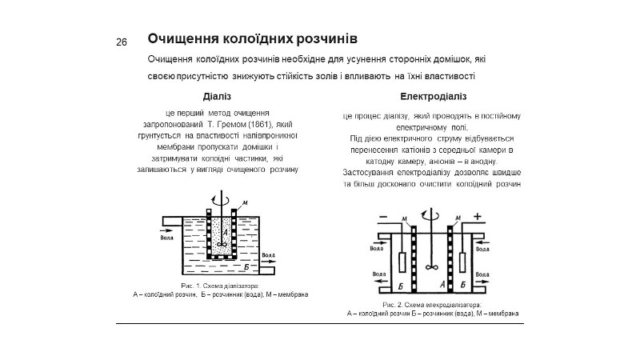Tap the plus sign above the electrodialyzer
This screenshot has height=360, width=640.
click(x=478, y=217)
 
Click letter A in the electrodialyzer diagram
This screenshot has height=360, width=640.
click(x=442, y=283)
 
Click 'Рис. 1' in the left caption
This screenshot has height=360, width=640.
click(x=190, y=286)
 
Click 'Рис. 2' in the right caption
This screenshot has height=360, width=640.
click(x=392, y=306)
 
